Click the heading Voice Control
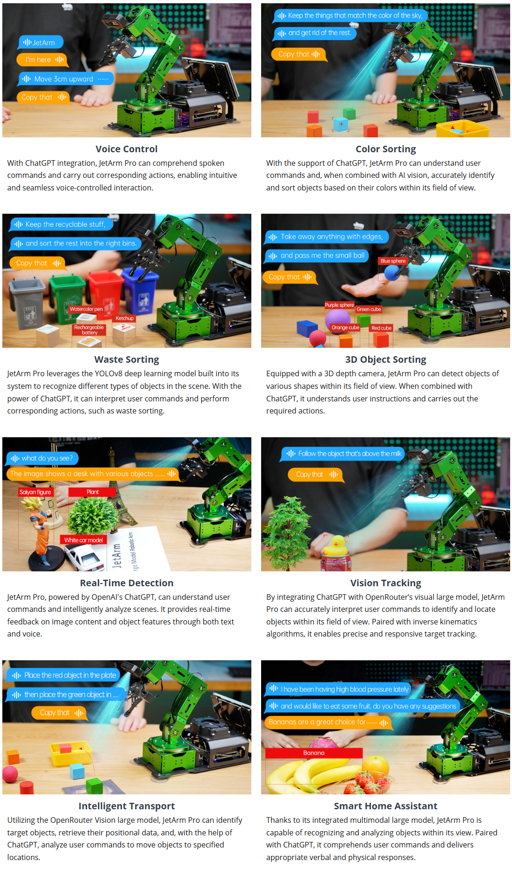(127, 149)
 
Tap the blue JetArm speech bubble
(41, 42)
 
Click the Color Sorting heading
(386, 149)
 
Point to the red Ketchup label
(125, 318)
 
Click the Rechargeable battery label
(89, 330)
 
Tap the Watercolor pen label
(86, 309)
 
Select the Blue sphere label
(393, 261)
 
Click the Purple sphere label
(339, 305)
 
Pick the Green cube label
(369, 309)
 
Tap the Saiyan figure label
(35, 492)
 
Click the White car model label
(83, 540)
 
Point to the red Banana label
(314, 753)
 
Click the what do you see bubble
(42, 458)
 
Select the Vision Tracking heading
(386, 583)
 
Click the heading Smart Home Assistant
(386, 806)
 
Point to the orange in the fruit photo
(376, 766)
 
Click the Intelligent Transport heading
(127, 806)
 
